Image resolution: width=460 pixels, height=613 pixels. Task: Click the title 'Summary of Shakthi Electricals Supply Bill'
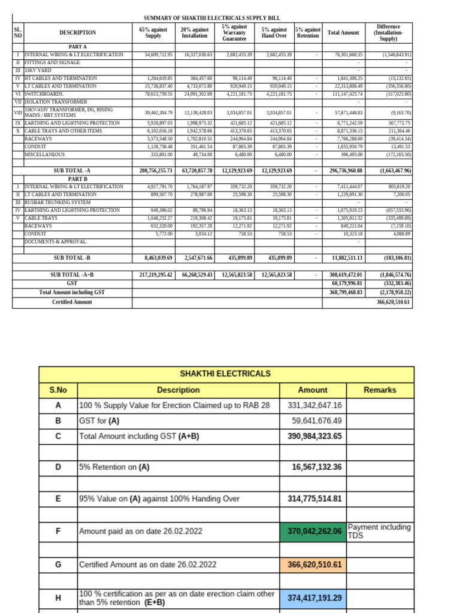pos(212,19)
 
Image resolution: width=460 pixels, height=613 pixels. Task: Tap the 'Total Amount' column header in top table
pos(343,32)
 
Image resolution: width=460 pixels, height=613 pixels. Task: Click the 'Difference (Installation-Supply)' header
pos(389,32)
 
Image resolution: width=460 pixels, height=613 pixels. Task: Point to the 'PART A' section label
pos(78,47)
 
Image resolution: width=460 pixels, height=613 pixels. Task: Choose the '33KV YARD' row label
pos(38,70)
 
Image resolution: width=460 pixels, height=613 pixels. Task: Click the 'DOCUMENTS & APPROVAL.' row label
pos(56,241)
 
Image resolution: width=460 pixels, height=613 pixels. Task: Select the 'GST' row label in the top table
pos(72,283)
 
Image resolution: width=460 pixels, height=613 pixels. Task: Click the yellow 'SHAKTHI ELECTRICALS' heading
pos(226,374)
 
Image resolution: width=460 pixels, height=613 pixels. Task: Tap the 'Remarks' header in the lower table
pos(380,390)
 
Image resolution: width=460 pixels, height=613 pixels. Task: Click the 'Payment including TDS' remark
pos(379,531)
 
